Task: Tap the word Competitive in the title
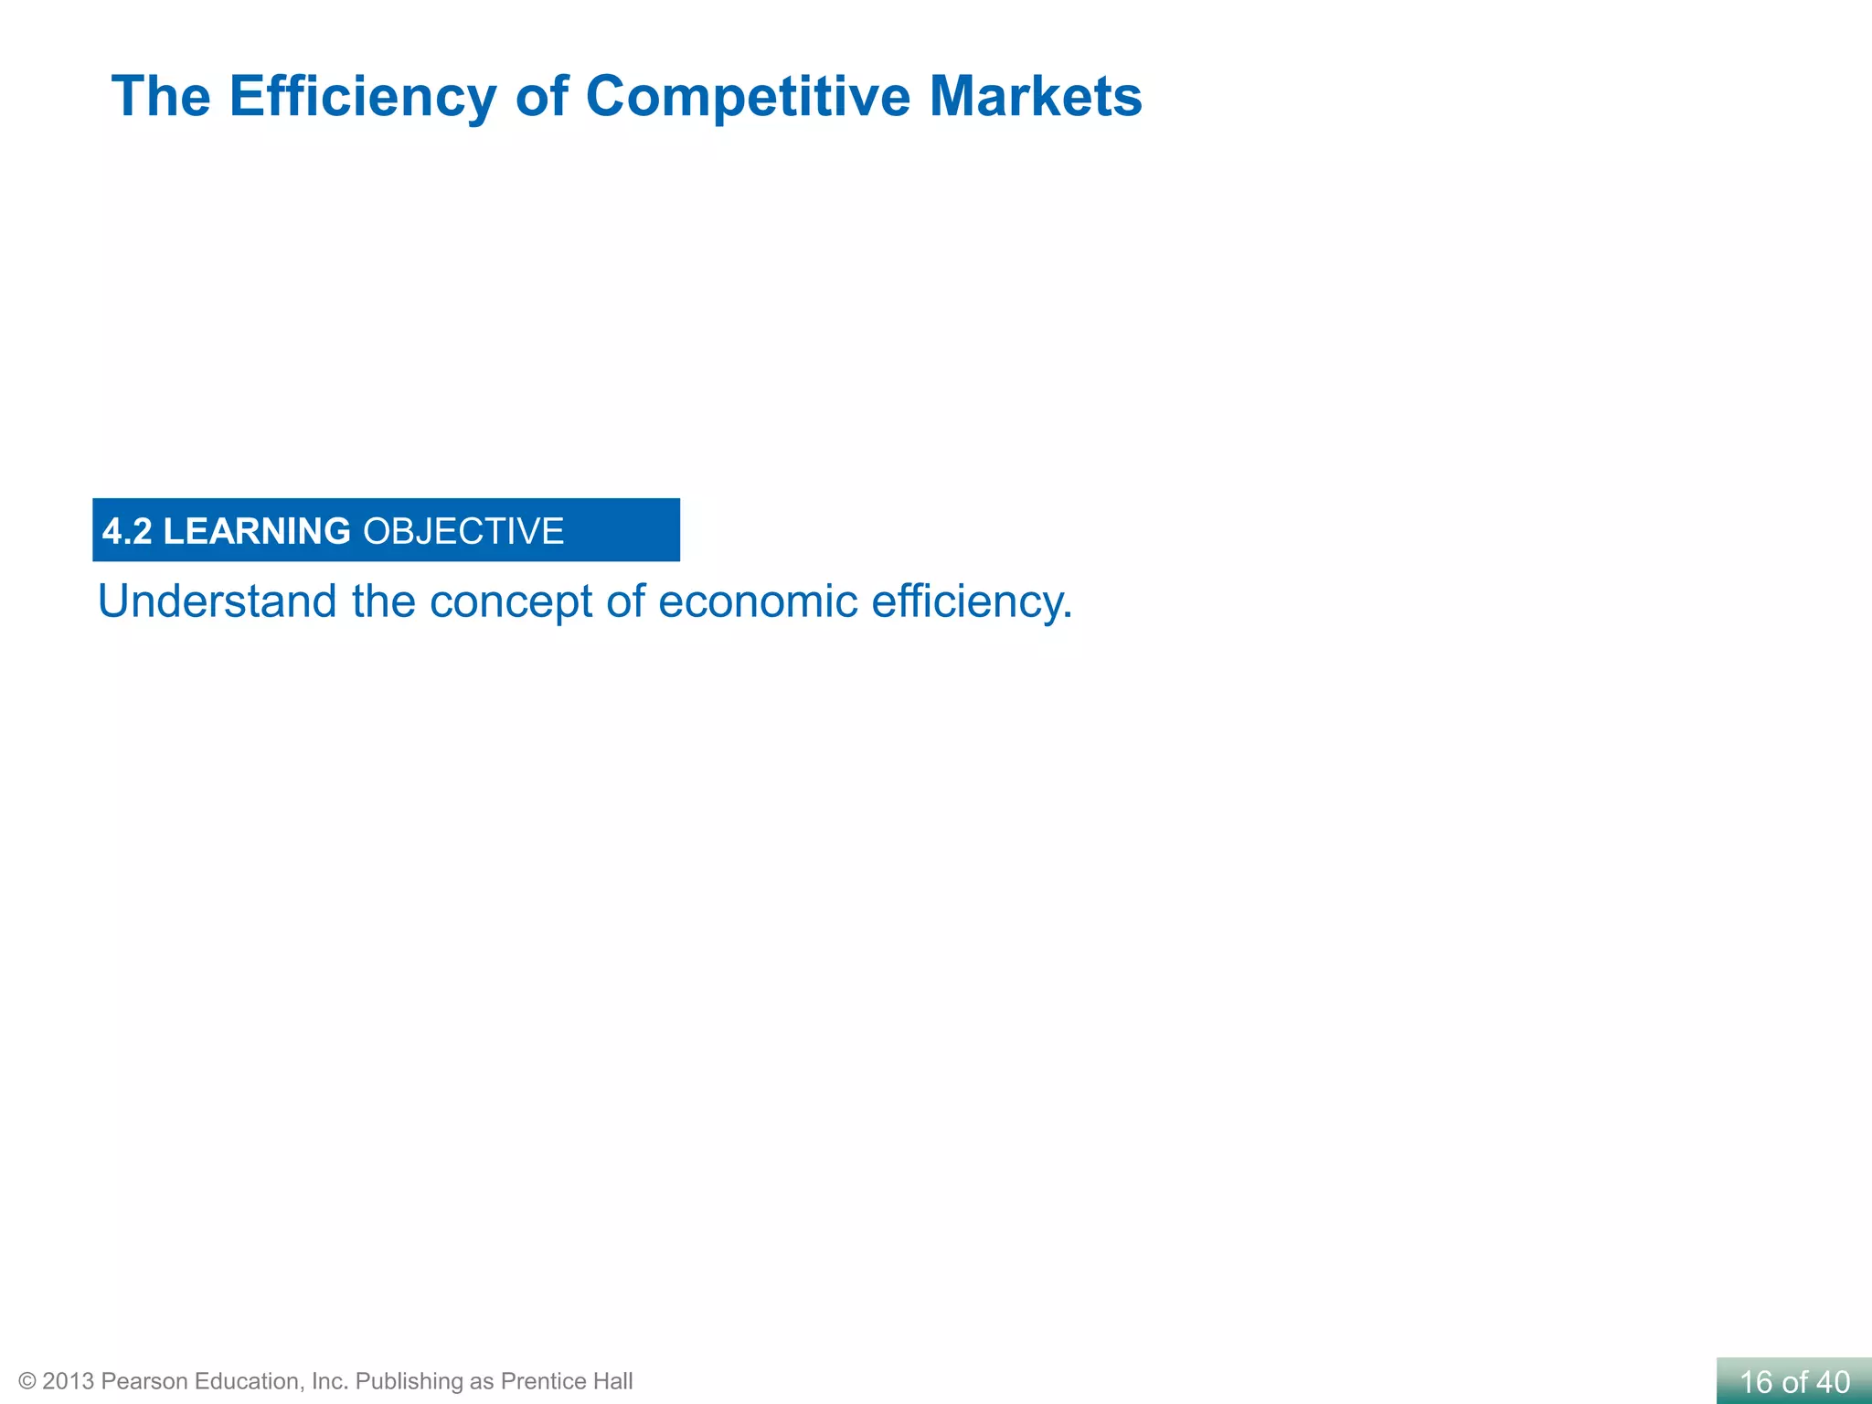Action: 748,97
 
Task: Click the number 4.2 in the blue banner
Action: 127,531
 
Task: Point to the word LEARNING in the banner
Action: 257,531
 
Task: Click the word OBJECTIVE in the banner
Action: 463,531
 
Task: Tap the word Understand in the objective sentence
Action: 218,601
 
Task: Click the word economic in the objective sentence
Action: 758,601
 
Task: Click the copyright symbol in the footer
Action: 27,1381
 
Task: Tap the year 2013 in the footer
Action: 68,1381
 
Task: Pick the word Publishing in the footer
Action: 409,1381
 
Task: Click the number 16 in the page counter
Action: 1756,1382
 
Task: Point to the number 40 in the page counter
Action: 1833,1382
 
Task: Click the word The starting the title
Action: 161,97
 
